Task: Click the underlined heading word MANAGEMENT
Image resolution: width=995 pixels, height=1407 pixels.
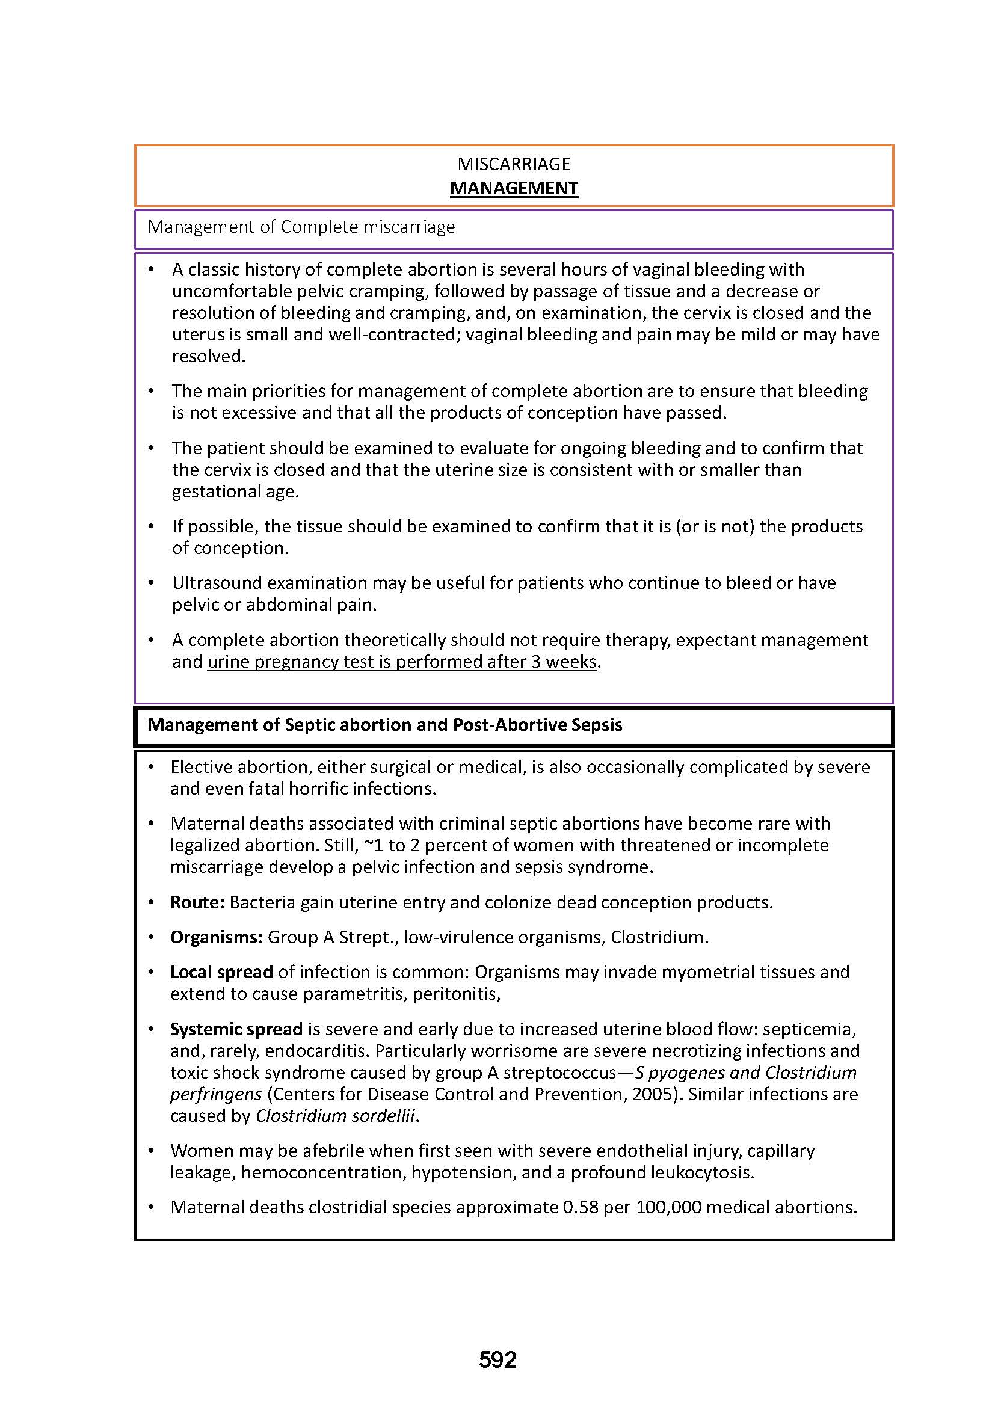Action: coord(513,188)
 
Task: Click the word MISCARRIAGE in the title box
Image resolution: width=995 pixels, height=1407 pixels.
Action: coord(513,164)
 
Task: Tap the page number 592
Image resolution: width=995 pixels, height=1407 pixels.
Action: coord(498,1360)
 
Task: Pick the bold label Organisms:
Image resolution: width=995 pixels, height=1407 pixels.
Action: coord(217,937)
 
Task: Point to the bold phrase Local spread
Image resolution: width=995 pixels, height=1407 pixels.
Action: coord(221,972)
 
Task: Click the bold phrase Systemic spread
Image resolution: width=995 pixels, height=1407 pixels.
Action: coord(236,1029)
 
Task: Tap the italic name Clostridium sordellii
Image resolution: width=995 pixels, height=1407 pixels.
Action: coord(336,1115)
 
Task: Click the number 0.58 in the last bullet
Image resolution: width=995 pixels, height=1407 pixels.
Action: coord(579,1207)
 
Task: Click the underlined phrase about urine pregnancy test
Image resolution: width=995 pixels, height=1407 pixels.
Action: coord(401,662)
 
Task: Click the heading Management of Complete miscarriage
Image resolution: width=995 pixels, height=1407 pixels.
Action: coord(301,227)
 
